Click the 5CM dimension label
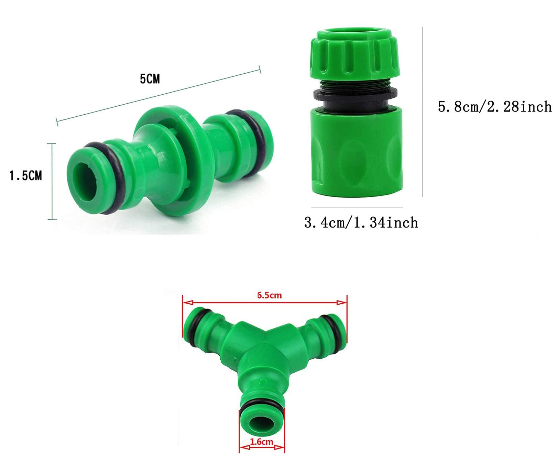(x=150, y=79)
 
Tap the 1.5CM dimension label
(x=25, y=176)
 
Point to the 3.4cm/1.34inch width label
(x=361, y=222)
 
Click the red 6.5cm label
(x=270, y=295)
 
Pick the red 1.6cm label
(x=262, y=442)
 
